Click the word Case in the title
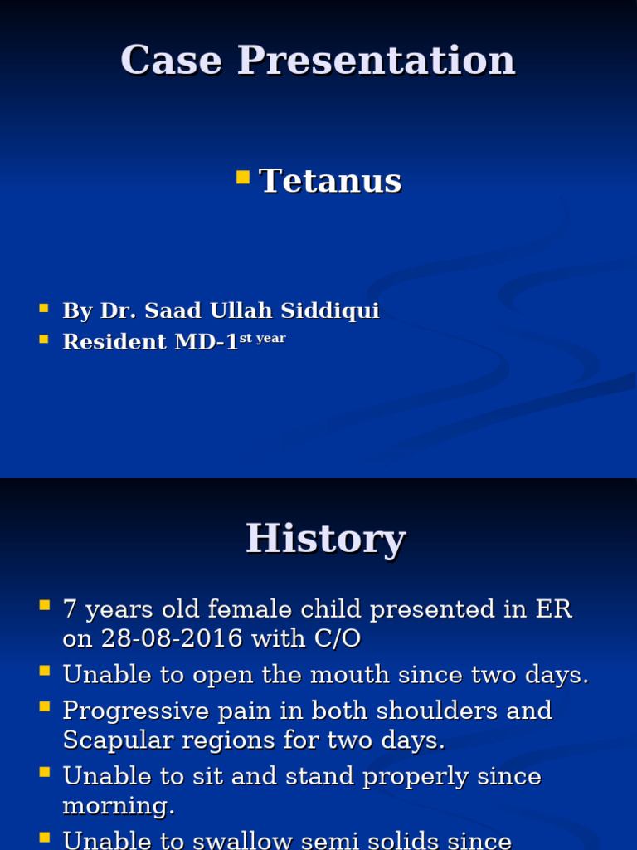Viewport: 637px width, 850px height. [171, 61]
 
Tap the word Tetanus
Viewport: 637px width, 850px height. [330, 181]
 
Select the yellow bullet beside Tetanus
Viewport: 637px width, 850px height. [242, 176]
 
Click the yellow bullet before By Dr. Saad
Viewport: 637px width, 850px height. [44, 309]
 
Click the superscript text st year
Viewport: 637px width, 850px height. [262, 338]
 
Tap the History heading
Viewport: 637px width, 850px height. [325, 539]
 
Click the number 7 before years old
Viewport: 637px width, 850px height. [71, 609]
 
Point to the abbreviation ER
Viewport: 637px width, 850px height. [553, 609]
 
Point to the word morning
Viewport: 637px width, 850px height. [114, 806]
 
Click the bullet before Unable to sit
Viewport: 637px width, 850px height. [44, 773]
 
